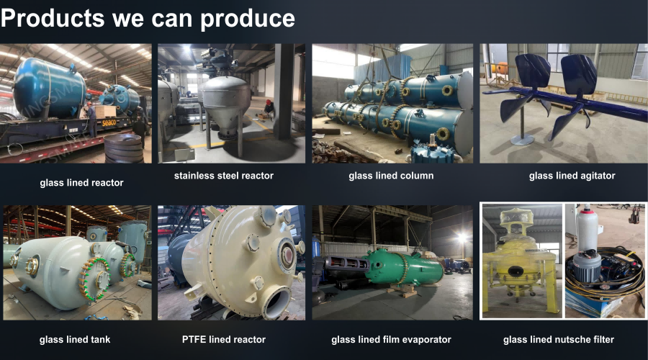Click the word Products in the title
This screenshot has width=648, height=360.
tap(53, 19)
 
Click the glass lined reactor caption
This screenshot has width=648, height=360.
tap(81, 183)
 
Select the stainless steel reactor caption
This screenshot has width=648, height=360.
tap(224, 176)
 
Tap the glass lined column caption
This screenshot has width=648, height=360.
tap(391, 176)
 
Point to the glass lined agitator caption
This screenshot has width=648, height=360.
tap(572, 176)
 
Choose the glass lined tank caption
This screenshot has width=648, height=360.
tap(75, 340)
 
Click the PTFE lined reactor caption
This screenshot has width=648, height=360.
tap(224, 340)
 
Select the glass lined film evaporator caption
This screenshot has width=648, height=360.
tap(391, 340)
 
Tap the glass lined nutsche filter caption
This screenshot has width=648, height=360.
tap(558, 340)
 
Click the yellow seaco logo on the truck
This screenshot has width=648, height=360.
tap(109, 122)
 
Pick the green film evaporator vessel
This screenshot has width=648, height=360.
tap(404, 266)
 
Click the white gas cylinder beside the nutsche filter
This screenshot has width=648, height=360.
tap(588, 228)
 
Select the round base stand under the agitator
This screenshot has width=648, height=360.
tap(522, 140)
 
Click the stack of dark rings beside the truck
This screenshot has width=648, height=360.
tap(123, 148)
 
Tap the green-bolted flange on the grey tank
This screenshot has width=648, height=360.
tap(96, 279)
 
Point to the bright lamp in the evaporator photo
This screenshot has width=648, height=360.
tap(462, 238)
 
